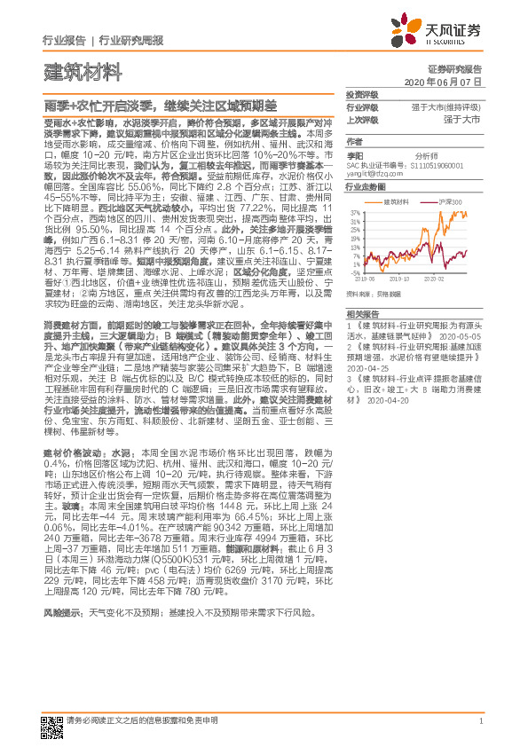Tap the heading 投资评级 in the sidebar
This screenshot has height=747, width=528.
tap(362, 94)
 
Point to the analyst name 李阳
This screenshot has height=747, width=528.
tap(355, 154)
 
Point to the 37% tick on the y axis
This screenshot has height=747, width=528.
tap(355, 213)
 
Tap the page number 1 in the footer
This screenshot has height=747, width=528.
tap(480, 722)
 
